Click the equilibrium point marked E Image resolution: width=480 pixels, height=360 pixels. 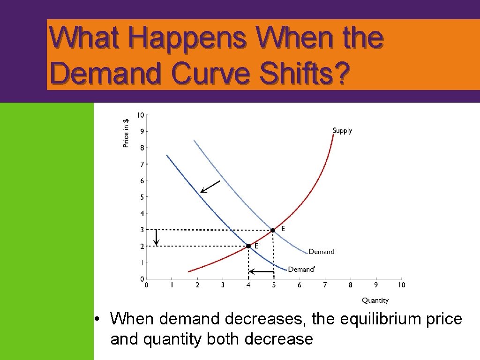click(x=273, y=230)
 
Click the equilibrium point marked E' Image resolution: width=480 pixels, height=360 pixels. click(x=248, y=246)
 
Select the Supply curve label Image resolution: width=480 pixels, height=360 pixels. click(x=342, y=131)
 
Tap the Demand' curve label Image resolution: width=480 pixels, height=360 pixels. click(x=301, y=269)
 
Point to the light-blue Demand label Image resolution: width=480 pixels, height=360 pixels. click(x=321, y=252)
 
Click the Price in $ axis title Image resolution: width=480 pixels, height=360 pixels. click(x=126, y=133)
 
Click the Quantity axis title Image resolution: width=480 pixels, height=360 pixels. click(x=375, y=300)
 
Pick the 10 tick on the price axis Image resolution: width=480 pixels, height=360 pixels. click(x=141, y=115)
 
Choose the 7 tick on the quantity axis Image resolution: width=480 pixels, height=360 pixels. click(x=325, y=285)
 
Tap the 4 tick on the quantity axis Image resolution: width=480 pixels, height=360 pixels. click(x=248, y=285)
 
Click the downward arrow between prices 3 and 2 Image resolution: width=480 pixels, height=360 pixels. click(x=157, y=238)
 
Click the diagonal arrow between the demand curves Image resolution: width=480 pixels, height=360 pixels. click(x=210, y=187)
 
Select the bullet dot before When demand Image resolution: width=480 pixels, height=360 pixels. click(x=96, y=320)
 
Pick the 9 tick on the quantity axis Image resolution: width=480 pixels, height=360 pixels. click(x=376, y=285)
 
